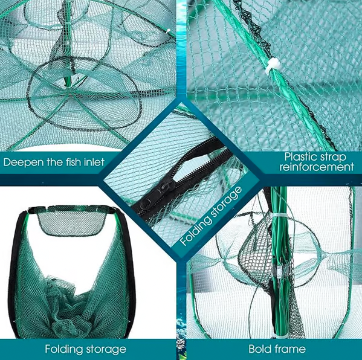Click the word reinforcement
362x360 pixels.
coord(317,167)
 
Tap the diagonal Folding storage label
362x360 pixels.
coord(210,216)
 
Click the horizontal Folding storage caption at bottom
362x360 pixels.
coord(85,349)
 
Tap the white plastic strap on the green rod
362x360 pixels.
coord(272,66)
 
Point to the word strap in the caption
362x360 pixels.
coord(333,157)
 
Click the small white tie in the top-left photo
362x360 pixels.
coord(168,30)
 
